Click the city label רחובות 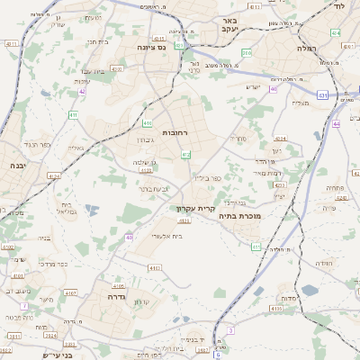(x=174, y=132)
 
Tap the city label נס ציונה (x=155, y=46)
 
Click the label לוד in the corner (x=338, y=6)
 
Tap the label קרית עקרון (x=192, y=208)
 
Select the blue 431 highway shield (x=322, y=94)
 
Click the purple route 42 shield (x=82, y=91)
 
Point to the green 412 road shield (x=186, y=156)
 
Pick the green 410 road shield (x=148, y=123)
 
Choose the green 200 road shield (x=246, y=53)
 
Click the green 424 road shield (x=336, y=32)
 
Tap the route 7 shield (x=24, y=306)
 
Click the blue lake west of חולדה (x=310, y=290)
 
